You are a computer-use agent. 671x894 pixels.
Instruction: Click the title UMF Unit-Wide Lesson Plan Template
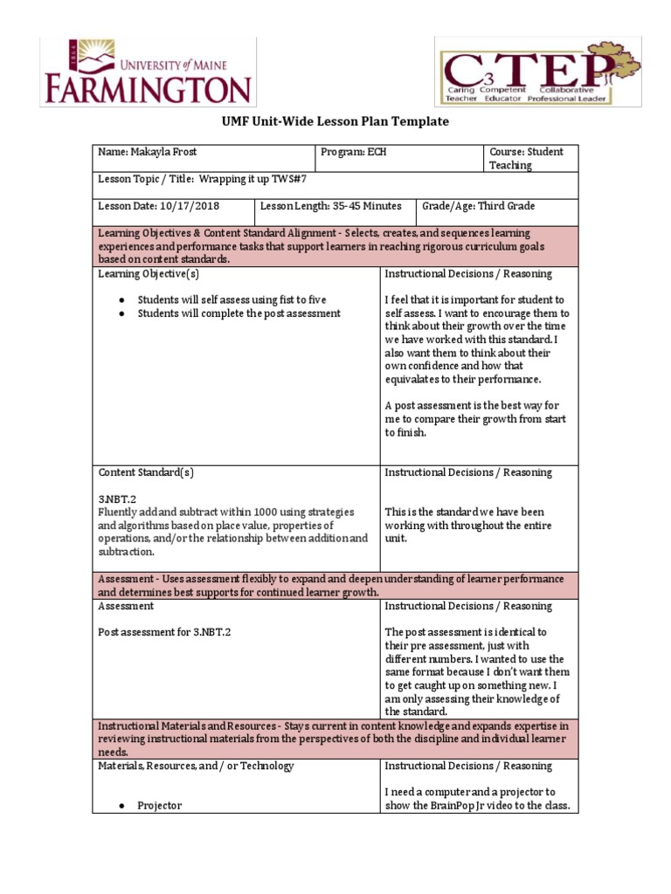(335, 121)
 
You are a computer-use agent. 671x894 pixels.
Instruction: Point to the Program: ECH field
(354, 152)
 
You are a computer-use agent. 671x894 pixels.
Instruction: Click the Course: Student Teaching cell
(526, 158)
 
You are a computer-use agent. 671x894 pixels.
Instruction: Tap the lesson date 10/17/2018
(190, 206)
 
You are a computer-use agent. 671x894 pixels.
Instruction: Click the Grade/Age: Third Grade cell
(479, 206)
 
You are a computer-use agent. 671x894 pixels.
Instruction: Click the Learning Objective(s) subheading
(149, 273)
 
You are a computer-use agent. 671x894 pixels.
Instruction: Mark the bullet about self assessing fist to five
(232, 299)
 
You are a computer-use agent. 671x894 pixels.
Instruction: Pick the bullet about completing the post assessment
(239, 313)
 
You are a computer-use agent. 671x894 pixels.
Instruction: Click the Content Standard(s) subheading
(146, 472)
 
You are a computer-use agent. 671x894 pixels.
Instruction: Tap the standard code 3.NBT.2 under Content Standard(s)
(116, 499)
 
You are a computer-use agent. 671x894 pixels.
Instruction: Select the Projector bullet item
(159, 806)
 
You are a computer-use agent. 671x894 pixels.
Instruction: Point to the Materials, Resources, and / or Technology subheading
(196, 766)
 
